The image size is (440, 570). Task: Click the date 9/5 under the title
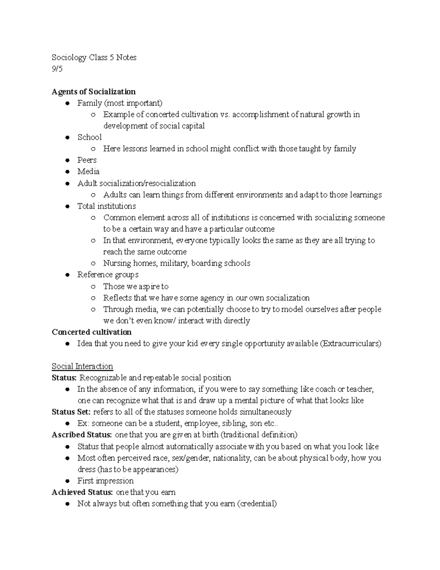click(57, 69)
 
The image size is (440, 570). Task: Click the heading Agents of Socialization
click(93, 92)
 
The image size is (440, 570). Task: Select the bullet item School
click(89, 137)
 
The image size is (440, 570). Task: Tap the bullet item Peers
click(87, 160)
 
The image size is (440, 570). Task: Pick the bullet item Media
click(88, 171)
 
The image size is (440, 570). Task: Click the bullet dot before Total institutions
click(67, 206)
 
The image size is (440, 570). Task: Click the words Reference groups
click(108, 275)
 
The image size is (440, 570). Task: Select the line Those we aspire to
click(136, 286)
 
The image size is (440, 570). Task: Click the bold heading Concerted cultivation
click(92, 332)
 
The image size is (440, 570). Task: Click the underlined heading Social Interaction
click(82, 366)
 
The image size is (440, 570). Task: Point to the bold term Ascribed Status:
click(82, 435)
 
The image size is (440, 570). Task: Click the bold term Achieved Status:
click(82, 492)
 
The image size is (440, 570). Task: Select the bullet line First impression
click(105, 481)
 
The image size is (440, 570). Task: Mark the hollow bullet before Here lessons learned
click(93, 149)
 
